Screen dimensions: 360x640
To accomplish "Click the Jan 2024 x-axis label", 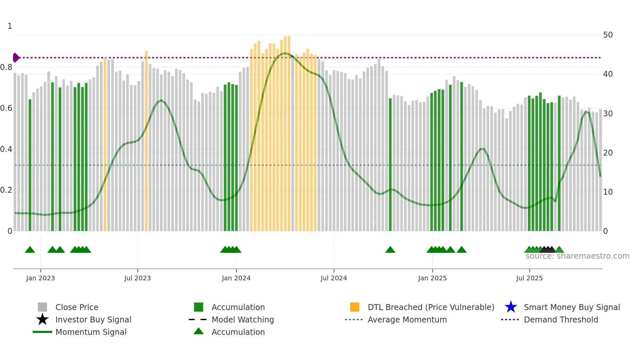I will pyautogui.click(x=236, y=278).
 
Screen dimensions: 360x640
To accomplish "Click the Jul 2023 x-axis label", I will pyautogui.click(x=137, y=278).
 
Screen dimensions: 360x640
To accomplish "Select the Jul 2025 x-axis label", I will pyautogui.click(x=529, y=278).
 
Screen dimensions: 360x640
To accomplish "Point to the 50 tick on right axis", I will pyautogui.click(x=608, y=35).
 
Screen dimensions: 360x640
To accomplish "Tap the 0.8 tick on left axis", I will pyautogui.click(x=6, y=67).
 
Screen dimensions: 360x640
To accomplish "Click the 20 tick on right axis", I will pyautogui.click(x=608, y=153).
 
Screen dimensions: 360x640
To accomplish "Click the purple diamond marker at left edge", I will pyautogui.click(x=16, y=57).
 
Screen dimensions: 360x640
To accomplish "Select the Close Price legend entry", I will pyautogui.click(x=76, y=307).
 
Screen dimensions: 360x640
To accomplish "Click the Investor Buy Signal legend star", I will pyautogui.click(x=42, y=319).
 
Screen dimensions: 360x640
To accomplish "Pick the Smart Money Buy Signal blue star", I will pyautogui.click(x=511, y=307).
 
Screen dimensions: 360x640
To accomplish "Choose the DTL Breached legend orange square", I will pyautogui.click(x=355, y=307).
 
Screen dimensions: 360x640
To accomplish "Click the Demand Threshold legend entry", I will pyautogui.click(x=561, y=319).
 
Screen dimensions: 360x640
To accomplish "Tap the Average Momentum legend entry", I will pyautogui.click(x=407, y=319).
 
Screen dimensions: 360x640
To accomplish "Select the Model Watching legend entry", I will pyautogui.click(x=242, y=319).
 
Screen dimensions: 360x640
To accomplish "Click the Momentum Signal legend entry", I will pyautogui.click(x=91, y=332).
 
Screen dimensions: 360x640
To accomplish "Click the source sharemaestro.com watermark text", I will pyautogui.click(x=577, y=256).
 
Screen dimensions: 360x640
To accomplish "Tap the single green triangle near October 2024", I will pyautogui.click(x=390, y=250).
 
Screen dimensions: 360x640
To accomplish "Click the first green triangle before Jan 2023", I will pyautogui.click(x=30, y=250).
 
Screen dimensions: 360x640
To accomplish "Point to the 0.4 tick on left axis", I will pyautogui.click(x=6, y=149).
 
